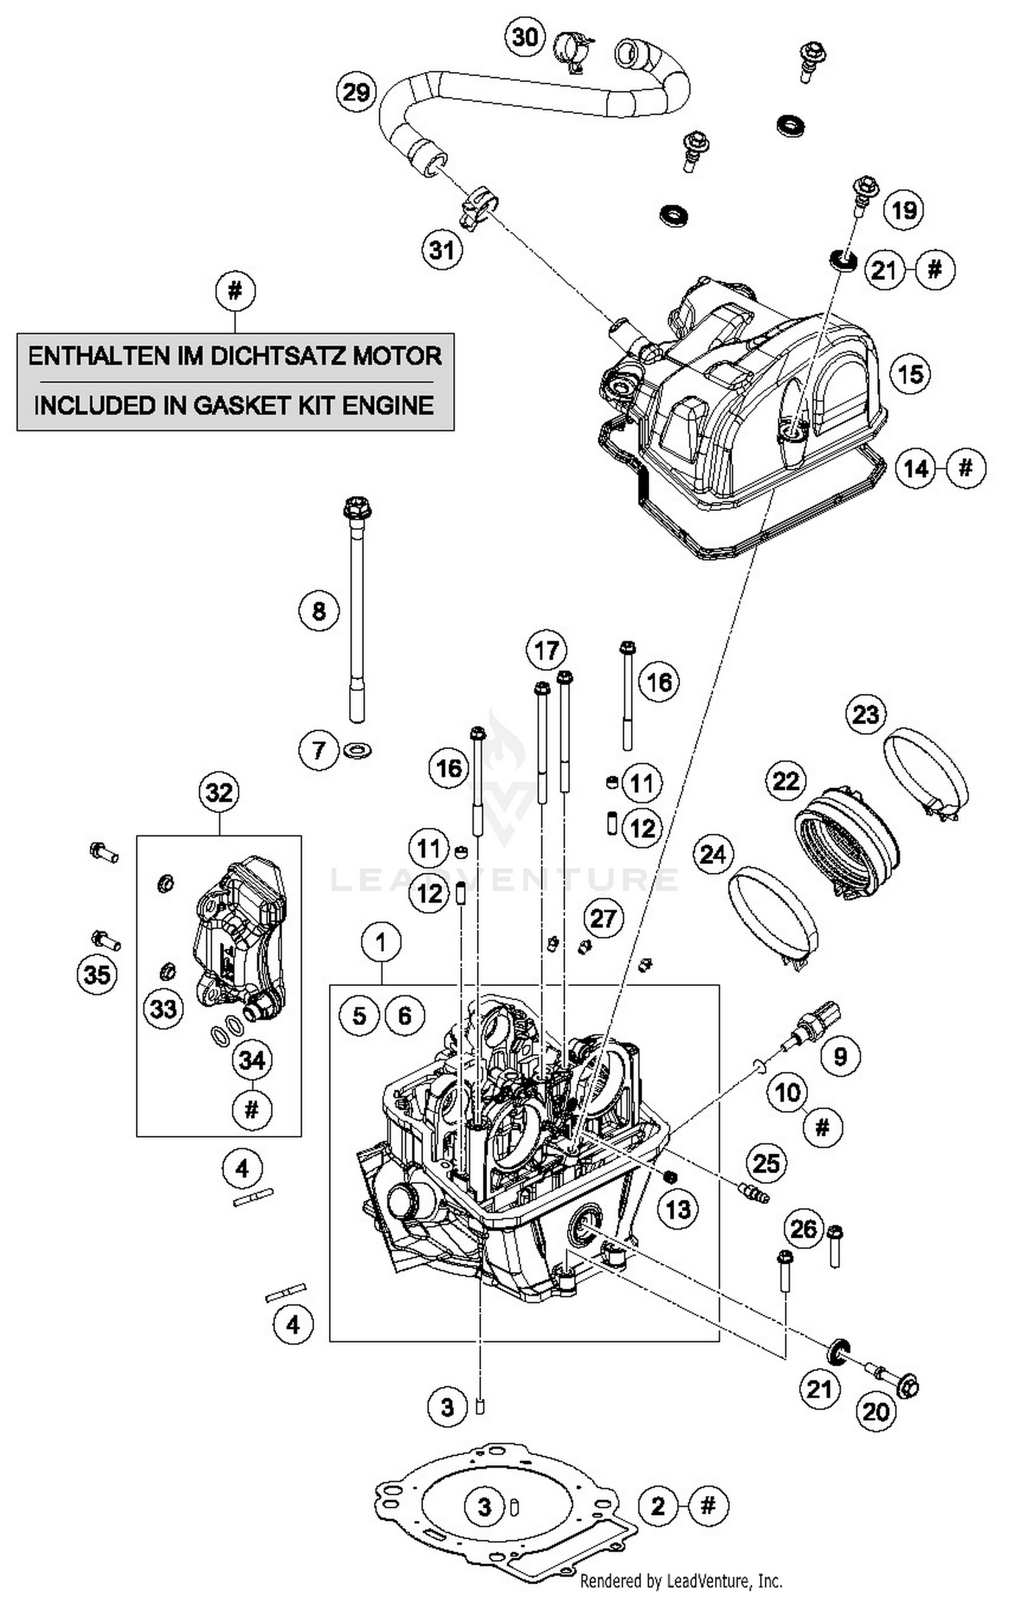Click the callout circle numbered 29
pos(356,92)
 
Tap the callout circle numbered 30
pos(525,36)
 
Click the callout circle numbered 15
pos(911,374)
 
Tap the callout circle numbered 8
pos(319,611)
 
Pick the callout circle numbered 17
pos(546,651)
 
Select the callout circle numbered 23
pos(866,714)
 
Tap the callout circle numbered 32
pos(219,792)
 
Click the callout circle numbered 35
pos(97,974)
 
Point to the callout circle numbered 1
pos(381,942)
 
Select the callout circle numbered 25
pos(766,1163)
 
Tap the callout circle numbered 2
pos(658,1505)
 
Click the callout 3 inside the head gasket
pos(484,1506)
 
